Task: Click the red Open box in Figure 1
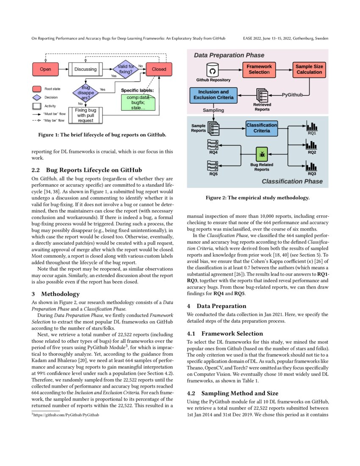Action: tap(45, 69)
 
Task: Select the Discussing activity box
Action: tap(85, 69)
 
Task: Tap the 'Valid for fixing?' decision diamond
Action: tap(125, 69)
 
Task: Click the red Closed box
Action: tap(159, 69)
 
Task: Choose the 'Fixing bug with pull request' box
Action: tap(86, 115)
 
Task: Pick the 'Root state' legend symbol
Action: tap(37, 89)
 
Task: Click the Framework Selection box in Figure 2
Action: tap(259, 69)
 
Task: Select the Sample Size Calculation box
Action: tap(309, 69)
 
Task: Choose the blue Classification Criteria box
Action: tap(262, 128)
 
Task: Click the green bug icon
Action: tap(262, 155)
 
